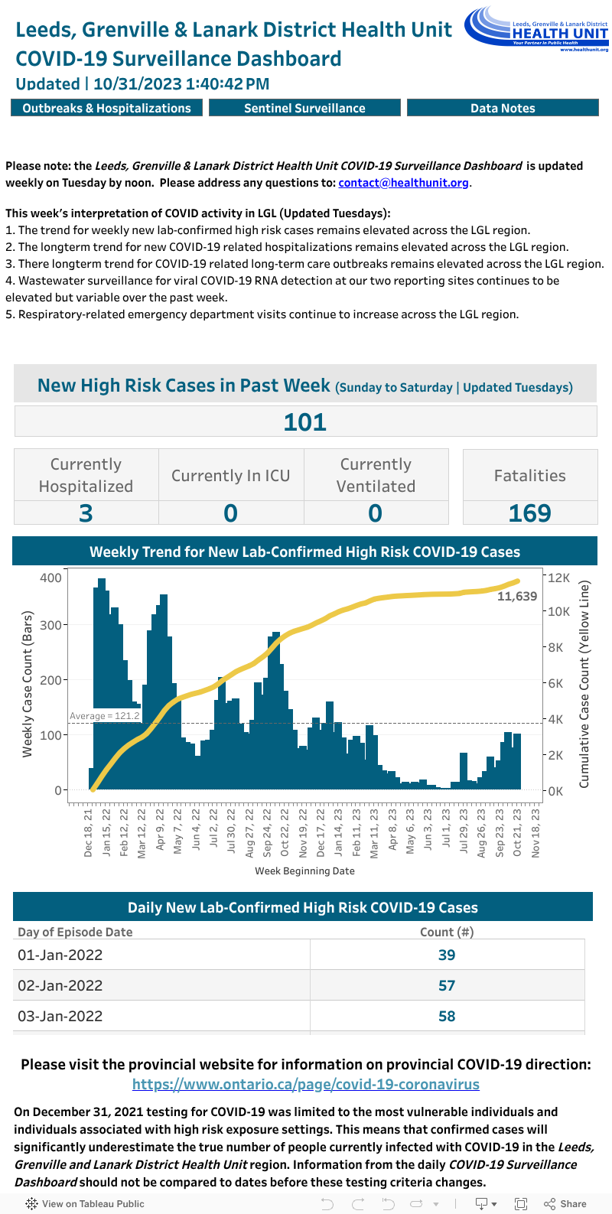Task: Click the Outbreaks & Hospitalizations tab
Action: [x=106, y=109]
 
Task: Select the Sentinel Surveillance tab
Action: [x=304, y=109]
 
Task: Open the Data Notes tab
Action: [x=503, y=109]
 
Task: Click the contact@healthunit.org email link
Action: [x=403, y=183]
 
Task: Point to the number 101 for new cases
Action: [x=305, y=422]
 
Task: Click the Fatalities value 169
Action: [x=529, y=513]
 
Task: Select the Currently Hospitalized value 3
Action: [x=86, y=513]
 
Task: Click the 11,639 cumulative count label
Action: [x=517, y=597]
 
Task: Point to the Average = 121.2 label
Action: [x=105, y=716]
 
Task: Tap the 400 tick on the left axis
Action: [x=50, y=578]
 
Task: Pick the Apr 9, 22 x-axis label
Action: [x=161, y=830]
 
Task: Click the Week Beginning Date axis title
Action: [x=304, y=871]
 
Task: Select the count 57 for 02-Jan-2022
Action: [x=447, y=985]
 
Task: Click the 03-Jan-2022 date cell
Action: [x=60, y=1016]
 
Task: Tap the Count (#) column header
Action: [x=447, y=932]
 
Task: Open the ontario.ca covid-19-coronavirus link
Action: [x=306, y=1084]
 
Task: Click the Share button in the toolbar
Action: [x=565, y=1203]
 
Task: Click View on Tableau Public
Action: [x=86, y=1203]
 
